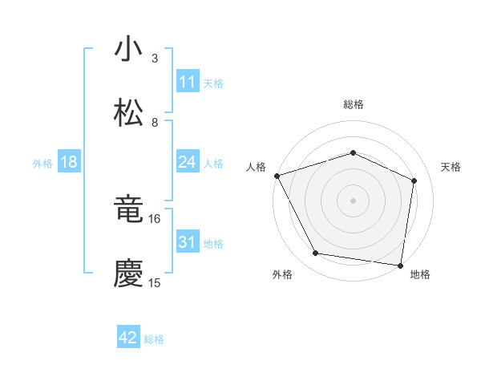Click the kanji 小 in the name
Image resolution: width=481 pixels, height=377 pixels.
pos(128,49)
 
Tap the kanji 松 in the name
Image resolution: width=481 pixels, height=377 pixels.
pos(128,113)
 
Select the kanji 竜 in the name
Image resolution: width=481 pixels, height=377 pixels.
pos(128,209)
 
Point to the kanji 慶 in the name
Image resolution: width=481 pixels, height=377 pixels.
pos(128,274)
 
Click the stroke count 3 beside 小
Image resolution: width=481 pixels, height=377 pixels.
pos(155,59)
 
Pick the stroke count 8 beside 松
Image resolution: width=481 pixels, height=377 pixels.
pos(155,123)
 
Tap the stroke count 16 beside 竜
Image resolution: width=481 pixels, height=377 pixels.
pos(155,218)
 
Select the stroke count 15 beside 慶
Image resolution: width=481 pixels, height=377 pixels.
pos(155,283)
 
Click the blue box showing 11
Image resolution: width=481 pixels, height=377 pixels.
pos(188,82)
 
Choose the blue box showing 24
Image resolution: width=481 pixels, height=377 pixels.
pos(188,162)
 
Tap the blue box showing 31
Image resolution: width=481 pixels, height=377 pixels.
pos(188,242)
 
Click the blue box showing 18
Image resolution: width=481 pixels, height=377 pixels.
pos(69,162)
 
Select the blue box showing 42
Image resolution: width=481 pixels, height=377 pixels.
pos(128,338)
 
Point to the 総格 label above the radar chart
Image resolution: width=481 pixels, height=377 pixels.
pos(354,104)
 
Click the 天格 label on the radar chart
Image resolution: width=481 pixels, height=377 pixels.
pos(451,167)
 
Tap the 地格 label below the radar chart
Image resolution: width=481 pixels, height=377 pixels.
pos(420,274)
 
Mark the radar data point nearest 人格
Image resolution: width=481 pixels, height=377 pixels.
pos(277,176)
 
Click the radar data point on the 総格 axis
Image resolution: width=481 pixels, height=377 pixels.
pos(354,152)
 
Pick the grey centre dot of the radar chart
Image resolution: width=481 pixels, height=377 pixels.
pos(354,200)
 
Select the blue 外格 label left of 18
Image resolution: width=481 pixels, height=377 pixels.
pos(42,163)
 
